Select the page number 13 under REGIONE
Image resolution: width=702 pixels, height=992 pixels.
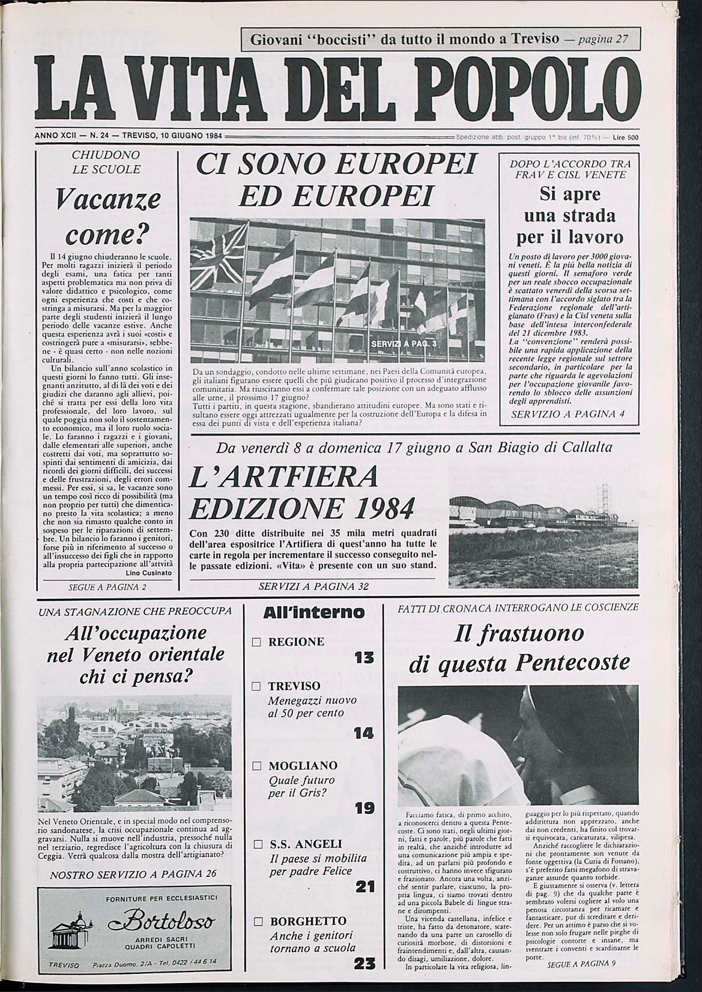(364, 658)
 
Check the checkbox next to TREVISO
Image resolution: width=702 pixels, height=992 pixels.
(256, 686)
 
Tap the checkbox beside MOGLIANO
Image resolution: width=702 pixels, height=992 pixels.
(256, 766)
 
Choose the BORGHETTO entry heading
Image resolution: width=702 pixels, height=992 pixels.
(307, 921)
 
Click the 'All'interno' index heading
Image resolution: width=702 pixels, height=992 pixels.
(314, 612)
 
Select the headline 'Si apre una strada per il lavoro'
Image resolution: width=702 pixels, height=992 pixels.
(562, 215)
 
